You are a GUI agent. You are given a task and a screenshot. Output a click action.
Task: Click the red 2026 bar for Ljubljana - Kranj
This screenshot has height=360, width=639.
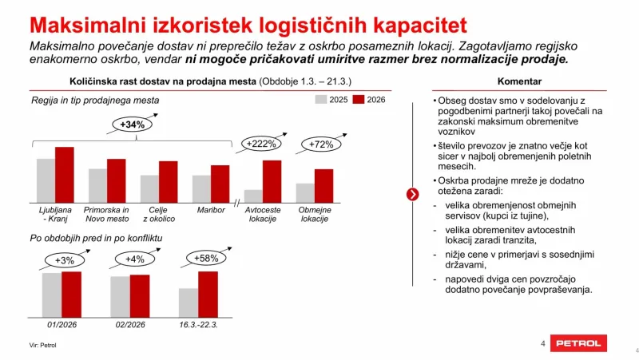click(x=64, y=176)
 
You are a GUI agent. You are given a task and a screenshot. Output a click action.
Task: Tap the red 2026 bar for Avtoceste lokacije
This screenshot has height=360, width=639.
click(x=272, y=181)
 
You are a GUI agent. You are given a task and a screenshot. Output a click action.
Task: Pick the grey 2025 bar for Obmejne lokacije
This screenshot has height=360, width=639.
click(x=304, y=193)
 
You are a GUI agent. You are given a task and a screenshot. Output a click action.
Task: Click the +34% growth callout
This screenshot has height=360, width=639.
click(x=132, y=125)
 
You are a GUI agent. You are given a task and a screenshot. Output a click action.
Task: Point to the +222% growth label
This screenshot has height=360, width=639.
click(x=261, y=144)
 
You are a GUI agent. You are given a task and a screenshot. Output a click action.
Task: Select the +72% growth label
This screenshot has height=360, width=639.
click(x=319, y=144)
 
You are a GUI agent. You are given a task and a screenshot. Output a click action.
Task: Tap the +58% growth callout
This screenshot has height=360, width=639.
click(x=208, y=258)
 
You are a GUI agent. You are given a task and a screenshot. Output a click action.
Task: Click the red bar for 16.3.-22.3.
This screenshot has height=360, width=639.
click(x=208, y=295)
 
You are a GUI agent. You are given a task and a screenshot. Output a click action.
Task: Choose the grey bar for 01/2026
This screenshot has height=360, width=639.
click(x=52, y=295)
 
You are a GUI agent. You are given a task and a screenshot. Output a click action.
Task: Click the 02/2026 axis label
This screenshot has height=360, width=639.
click(x=129, y=324)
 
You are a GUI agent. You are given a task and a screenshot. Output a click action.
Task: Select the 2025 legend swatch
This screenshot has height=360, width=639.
click(x=321, y=101)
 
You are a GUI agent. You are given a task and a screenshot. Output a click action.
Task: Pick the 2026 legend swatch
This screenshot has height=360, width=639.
click(x=359, y=101)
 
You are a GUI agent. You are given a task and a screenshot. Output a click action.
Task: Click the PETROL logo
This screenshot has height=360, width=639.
click(x=578, y=343)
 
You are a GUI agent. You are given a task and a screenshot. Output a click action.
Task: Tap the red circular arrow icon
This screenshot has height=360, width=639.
click(x=412, y=194)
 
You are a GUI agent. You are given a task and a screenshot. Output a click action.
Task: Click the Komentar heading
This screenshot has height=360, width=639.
click(x=519, y=82)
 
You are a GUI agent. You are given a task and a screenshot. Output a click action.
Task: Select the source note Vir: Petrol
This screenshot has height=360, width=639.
click(x=43, y=345)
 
